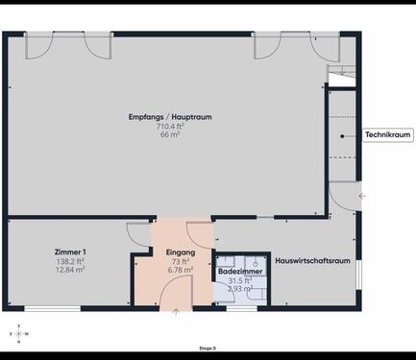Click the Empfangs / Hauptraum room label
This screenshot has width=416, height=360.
tap(169, 117)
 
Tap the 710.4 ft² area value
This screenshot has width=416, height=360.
tap(170, 126)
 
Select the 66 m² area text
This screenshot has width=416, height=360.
tap(170, 134)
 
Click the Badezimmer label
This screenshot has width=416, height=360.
tap(240, 272)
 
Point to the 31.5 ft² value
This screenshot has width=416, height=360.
tap(239, 280)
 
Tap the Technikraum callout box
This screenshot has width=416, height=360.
tap(388, 135)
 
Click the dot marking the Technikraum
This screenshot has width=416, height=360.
tap(342, 135)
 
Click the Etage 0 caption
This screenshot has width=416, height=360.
tap(208, 348)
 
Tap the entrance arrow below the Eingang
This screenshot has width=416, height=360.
tap(175, 313)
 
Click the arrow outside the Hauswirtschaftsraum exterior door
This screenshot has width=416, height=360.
tap(361, 195)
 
